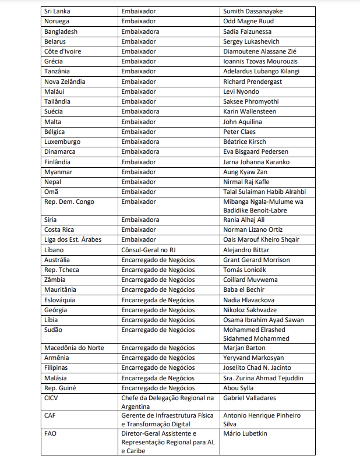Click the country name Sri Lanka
pos(57,11)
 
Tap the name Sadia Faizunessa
pos(247,31)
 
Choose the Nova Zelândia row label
pos(65,82)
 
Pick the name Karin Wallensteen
pos(249,111)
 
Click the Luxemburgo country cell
pos(62,142)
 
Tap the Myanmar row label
pos(58,172)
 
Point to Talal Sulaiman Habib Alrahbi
pos(264,192)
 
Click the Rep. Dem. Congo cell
pos(69,202)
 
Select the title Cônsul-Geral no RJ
pos(152,250)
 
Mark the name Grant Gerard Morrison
pos(256,260)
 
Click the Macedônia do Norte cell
pos(75,348)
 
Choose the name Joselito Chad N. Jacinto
pos(257,368)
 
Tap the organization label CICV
pos(51,398)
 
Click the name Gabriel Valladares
pos(249,398)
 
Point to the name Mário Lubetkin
pos(246,433)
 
